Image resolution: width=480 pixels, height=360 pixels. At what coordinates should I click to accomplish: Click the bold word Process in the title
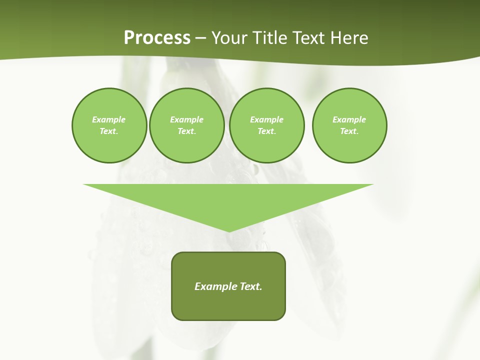pos(157,38)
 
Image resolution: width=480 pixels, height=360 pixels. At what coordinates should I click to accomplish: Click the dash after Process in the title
pos(200,38)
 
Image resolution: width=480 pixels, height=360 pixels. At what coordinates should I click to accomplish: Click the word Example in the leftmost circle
pos(109,119)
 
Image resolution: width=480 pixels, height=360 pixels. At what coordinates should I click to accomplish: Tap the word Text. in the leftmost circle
pos(109,131)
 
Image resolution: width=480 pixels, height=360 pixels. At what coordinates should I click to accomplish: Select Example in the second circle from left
pos(186,119)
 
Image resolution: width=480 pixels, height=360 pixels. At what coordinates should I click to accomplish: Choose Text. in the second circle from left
pos(186,131)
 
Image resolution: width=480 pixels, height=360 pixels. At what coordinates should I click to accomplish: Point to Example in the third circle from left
pos(266,119)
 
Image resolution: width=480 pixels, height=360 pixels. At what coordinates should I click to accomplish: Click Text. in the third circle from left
pos(266,131)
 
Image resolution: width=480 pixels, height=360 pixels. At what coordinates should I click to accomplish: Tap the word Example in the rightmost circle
pos(349,119)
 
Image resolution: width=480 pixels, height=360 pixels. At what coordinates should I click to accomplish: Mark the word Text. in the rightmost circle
pos(349,131)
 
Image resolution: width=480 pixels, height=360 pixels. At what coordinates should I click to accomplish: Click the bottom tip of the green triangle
pos(229,230)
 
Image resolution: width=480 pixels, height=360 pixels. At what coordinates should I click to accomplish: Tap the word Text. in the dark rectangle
pos(251,286)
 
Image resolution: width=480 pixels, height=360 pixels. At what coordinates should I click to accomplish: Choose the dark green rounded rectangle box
pos(228,305)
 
